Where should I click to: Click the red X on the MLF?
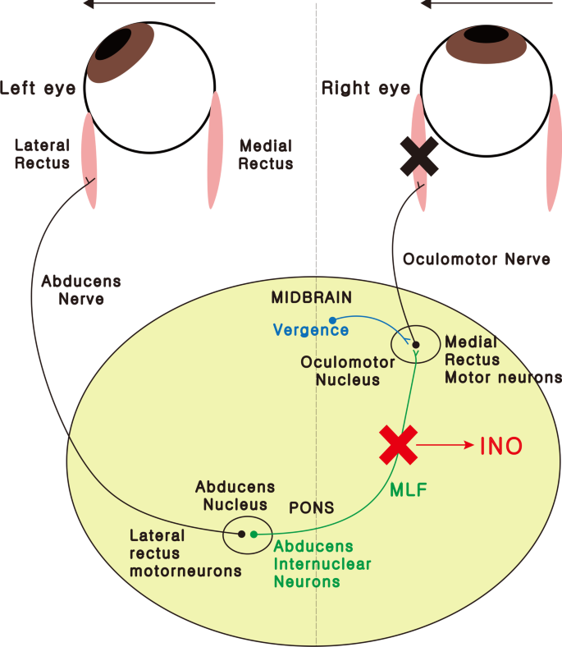[x=398, y=446]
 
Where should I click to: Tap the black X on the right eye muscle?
[x=419, y=155]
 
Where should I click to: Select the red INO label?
[x=501, y=447]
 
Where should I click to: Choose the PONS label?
[x=312, y=507]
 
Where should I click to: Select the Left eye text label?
[x=38, y=87]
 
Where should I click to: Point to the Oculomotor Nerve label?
[x=477, y=259]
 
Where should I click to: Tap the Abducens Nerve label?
[x=80, y=290]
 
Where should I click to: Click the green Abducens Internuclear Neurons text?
[x=322, y=564]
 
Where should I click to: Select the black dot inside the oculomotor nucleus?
[x=415, y=345]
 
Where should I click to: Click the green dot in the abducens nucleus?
[x=254, y=535]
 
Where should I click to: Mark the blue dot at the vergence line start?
[x=332, y=319]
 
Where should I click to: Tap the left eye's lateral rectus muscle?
[x=89, y=159]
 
